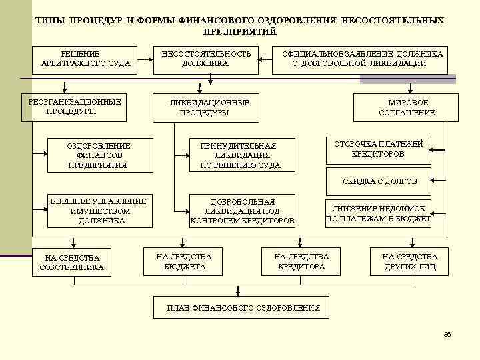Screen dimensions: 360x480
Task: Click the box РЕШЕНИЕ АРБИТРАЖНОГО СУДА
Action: pos(85,59)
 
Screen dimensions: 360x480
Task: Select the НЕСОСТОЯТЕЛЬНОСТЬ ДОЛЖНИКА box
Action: pos(205,59)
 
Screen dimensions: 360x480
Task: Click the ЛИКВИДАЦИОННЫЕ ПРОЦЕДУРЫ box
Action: pos(205,108)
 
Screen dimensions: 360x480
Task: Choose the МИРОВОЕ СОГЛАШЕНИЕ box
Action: pos(407,108)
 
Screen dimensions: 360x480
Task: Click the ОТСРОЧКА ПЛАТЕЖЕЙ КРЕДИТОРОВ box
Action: pos(378,150)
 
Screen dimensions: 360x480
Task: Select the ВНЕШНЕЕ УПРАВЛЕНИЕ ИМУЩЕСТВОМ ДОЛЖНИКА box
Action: pos(100,211)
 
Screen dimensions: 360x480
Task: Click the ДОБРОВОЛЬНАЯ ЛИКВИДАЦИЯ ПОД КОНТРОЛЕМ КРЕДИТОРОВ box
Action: pos(241,211)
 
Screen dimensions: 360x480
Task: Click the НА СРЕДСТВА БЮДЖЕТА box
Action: pos(183,261)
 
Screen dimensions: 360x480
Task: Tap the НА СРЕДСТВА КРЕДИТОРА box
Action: pos(301,261)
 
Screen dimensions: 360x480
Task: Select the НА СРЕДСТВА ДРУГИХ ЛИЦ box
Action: pos(409,261)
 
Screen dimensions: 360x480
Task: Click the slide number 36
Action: pos(447,334)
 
